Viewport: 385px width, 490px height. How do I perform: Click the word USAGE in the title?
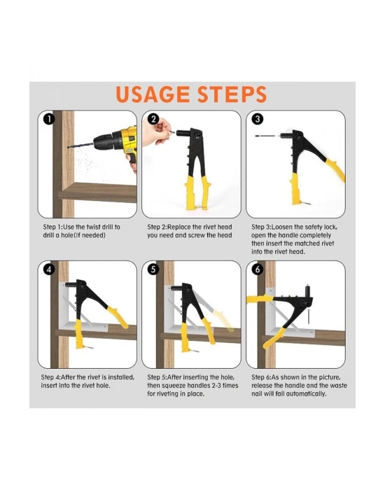coord(153,94)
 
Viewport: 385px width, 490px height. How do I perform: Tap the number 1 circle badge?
coord(49,119)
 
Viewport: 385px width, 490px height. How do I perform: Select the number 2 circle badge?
coord(153,119)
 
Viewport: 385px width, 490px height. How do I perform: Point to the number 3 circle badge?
coord(258,119)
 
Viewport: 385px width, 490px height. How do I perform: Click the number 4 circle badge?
coord(49,269)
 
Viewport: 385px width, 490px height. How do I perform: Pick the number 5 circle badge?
coord(153,269)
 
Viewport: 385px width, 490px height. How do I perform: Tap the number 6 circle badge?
coord(258,269)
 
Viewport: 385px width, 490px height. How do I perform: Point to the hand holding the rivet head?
coord(155,132)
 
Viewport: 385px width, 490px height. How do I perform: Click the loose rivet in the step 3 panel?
coord(265,136)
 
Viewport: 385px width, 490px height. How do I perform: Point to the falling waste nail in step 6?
coord(308,316)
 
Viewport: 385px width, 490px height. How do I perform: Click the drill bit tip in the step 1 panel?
coord(68,146)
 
